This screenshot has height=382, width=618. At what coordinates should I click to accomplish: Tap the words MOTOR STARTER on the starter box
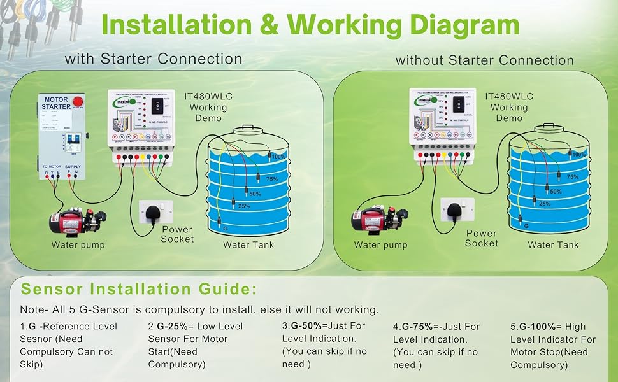[x=56, y=103]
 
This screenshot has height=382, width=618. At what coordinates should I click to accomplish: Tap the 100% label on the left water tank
[x=277, y=156]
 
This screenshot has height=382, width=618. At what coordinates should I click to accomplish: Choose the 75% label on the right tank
[x=572, y=176]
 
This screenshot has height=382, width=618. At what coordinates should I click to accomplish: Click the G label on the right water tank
[x=526, y=225]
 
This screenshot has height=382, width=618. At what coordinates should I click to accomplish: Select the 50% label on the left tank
[x=255, y=193]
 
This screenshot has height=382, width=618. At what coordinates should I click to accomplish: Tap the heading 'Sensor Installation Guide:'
[x=139, y=289]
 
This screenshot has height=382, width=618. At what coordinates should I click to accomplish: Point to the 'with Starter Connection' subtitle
[x=154, y=59]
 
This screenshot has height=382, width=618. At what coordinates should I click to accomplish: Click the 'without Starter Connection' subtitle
[x=485, y=60]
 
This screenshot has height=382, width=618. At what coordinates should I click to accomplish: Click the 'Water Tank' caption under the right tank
[x=553, y=244]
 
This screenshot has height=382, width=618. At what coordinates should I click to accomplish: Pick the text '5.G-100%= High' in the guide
[x=549, y=326]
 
